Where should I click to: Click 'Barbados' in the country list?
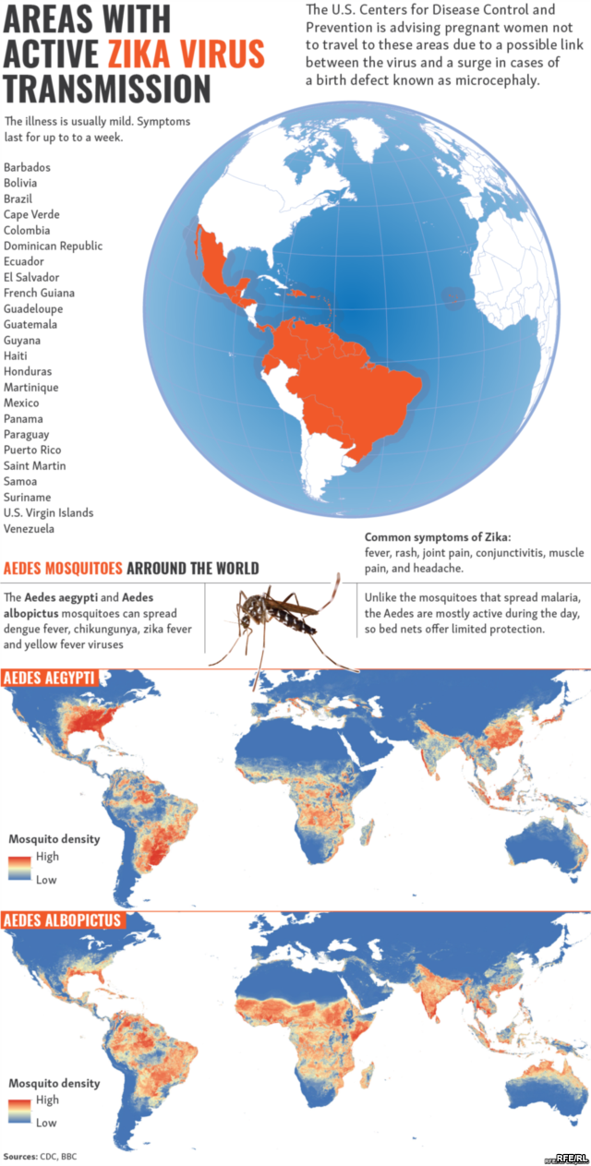coord(27,167)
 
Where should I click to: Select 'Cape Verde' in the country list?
coord(31,214)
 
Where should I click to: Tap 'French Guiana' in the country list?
coord(38,293)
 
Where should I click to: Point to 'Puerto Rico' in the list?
coord(32,450)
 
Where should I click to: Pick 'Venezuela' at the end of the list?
coord(29,529)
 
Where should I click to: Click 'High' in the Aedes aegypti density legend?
coord(47,857)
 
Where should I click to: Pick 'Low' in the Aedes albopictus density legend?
coord(46,1123)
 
